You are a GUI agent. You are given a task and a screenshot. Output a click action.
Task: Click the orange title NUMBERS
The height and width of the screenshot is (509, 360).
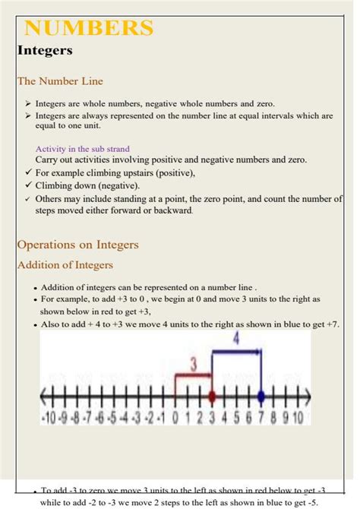89,29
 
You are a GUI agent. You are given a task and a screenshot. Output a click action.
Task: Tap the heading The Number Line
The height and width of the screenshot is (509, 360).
60,81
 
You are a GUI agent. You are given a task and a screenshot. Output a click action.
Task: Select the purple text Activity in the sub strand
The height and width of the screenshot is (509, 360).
82,149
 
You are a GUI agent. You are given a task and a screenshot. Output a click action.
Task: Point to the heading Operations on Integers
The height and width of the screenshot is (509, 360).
77,245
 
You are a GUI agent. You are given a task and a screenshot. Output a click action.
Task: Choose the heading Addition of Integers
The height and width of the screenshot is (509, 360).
65,264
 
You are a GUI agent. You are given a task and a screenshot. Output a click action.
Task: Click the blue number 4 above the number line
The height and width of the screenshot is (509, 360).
235,340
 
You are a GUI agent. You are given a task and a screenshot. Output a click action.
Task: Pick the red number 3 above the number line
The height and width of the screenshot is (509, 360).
194,365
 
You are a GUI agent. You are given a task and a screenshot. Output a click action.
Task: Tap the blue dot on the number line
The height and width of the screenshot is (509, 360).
261,396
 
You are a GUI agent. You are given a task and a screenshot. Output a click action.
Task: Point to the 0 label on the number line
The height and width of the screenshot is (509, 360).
175,417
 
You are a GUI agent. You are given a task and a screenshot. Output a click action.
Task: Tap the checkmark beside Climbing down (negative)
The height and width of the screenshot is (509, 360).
27,185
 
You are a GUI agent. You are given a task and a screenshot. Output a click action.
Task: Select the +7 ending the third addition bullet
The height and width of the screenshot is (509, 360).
332,324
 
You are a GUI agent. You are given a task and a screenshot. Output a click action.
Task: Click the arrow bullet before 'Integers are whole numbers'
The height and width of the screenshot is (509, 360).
27,104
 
